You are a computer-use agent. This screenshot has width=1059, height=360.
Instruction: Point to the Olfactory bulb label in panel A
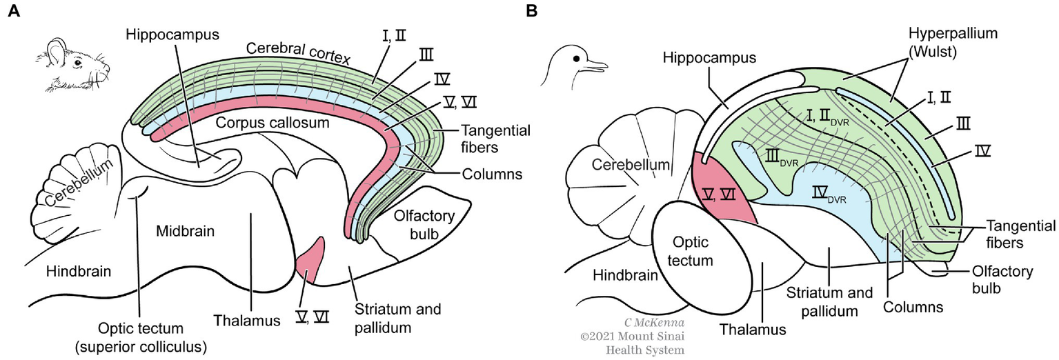[x=424, y=224]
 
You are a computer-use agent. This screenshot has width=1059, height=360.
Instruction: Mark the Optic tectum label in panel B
[x=691, y=252]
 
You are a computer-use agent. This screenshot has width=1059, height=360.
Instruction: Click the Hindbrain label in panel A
[x=78, y=271]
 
